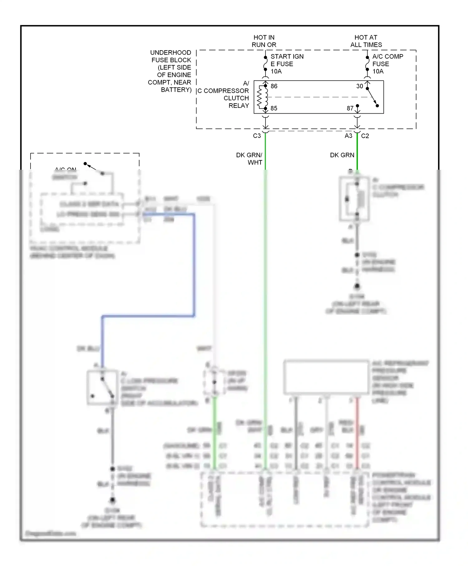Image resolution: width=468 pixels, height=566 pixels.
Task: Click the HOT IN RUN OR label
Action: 264,41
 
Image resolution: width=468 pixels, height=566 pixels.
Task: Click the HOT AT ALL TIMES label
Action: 366,41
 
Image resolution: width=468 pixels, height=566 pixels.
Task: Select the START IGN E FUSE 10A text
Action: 287,64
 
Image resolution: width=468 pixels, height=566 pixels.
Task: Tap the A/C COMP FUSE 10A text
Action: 388,64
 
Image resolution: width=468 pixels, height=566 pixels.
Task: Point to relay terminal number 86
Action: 274,86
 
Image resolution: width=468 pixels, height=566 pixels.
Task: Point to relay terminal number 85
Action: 274,108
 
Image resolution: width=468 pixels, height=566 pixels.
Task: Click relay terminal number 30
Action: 359,86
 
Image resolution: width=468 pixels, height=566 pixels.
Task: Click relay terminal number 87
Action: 350,108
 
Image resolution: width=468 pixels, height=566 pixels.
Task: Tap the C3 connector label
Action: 257,136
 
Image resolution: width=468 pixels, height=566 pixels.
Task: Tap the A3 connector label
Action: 348,136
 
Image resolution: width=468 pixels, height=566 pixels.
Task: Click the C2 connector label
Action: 365,136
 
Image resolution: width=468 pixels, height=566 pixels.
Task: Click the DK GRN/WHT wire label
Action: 250,159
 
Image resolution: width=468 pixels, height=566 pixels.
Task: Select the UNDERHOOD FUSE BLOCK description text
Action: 170,71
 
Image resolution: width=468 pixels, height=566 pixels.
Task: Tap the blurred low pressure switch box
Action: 102,388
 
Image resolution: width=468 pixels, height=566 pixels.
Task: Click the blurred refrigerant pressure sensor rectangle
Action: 326,377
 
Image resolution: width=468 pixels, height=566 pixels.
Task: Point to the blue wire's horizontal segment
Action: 148,316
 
